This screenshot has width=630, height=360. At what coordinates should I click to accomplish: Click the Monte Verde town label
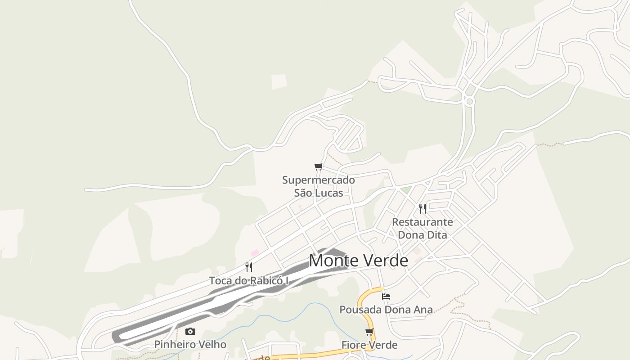click(358, 261)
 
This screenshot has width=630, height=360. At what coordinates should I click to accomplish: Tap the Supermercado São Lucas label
click(318, 186)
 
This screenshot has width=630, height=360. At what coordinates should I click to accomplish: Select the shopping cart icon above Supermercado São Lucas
click(319, 167)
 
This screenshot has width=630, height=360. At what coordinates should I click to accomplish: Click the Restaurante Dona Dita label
click(422, 228)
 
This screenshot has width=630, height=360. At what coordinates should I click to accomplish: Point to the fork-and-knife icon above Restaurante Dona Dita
click(422, 208)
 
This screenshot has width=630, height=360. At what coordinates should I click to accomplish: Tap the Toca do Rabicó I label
click(248, 281)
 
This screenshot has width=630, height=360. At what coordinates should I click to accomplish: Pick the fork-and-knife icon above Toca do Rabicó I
click(248, 267)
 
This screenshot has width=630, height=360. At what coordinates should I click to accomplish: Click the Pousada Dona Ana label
click(386, 310)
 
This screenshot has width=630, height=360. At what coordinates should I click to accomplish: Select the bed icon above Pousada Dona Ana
click(386, 297)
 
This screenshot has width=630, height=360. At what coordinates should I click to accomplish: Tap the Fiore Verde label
click(369, 345)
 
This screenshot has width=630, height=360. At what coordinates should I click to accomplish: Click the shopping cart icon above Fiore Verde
click(369, 332)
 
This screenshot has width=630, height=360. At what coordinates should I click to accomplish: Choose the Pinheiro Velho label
click(190, 345)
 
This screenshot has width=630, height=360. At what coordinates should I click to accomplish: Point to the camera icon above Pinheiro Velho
click(190, 332)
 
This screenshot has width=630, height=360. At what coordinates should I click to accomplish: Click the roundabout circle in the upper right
click(469, 101)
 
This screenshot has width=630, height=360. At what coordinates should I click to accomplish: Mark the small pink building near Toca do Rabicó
click(255, 253)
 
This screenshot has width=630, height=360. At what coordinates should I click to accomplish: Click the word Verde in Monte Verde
click(384, 261)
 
